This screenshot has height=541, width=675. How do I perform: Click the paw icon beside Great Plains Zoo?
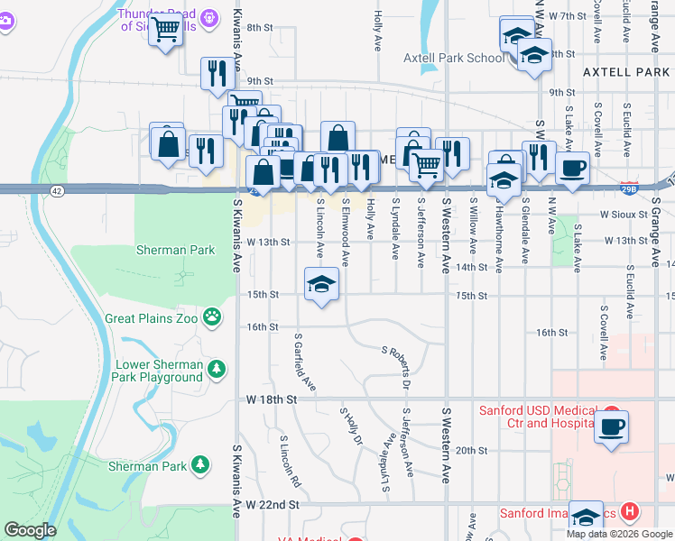(x=213, y=316)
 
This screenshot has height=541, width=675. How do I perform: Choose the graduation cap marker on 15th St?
(x=321, y=284)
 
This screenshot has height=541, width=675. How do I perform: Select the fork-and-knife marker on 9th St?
(x=216, y=73)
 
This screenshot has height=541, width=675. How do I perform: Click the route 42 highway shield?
(x=57, y=190)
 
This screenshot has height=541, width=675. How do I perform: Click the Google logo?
(x=30, y=530)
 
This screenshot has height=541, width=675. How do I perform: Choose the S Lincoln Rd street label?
(x=289, y=462)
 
